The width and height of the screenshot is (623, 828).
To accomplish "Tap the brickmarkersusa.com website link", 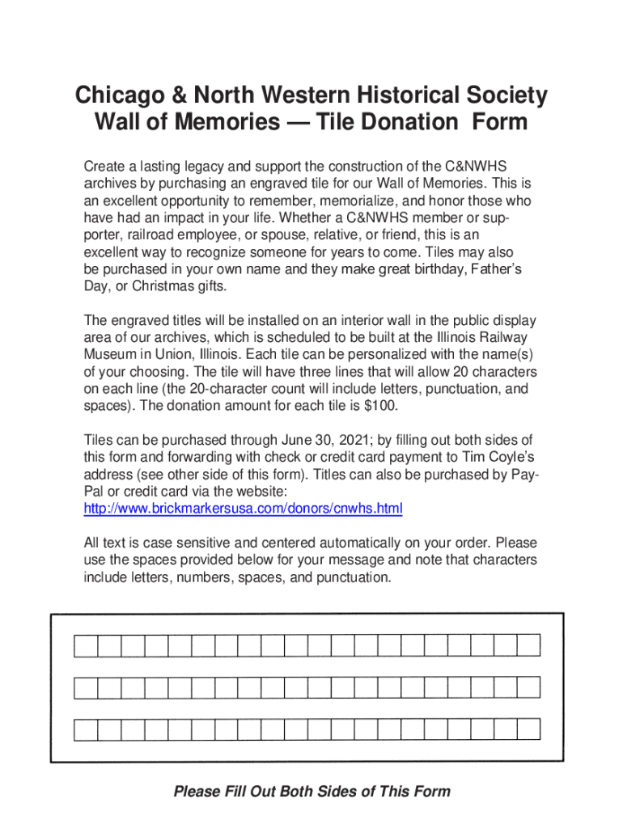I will click(x=243, y=509).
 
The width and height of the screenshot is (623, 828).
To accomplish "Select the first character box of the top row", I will click(x=86, y=645).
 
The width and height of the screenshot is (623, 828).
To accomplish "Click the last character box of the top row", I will click(x=529, y=645).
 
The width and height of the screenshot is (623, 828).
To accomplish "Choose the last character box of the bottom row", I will click(x=529, y=729).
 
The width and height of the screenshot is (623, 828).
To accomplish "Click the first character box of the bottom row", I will click(x=86, y=729).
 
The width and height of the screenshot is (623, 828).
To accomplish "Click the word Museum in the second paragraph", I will click(x=109, y=355).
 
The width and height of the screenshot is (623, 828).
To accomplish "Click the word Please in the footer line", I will click(x=197, y=792).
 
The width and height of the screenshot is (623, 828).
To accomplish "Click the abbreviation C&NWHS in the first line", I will click(x=482, y=167).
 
